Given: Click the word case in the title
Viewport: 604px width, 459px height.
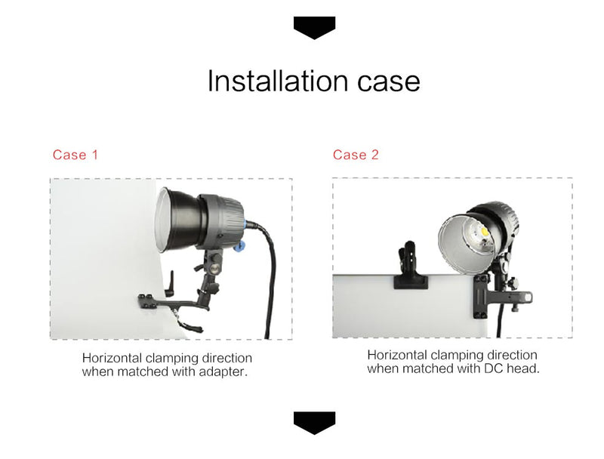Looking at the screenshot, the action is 388,83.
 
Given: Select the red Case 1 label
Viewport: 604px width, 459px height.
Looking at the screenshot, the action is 75,155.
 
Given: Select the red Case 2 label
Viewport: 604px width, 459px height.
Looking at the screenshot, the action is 356,155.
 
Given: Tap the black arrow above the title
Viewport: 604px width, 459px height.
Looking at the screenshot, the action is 314,28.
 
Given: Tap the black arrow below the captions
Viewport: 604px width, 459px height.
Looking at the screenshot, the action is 314,423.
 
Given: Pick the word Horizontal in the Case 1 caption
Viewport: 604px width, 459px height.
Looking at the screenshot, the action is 112,358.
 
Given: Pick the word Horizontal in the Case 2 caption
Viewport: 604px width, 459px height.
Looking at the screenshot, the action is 397,355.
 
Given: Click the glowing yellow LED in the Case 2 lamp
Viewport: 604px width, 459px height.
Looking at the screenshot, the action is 484,233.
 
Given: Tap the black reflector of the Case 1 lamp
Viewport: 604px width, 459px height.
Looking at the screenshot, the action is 181,220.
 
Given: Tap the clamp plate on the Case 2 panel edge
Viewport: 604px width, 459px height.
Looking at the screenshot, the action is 481,297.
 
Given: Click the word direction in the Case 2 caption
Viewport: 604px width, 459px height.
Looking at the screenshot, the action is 512,355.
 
